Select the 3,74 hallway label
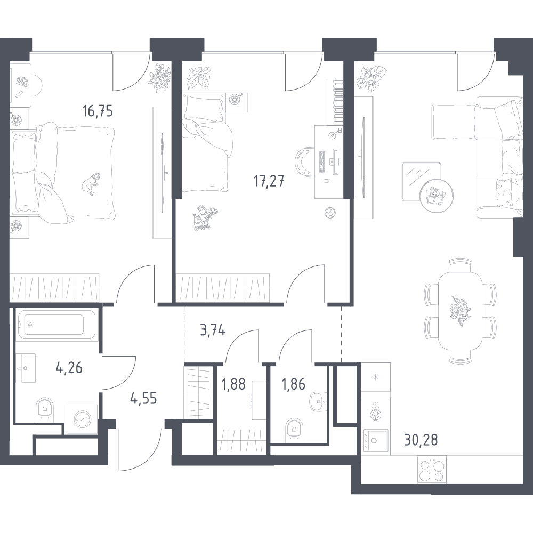pos(211,331)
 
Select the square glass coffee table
pos(420,179)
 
